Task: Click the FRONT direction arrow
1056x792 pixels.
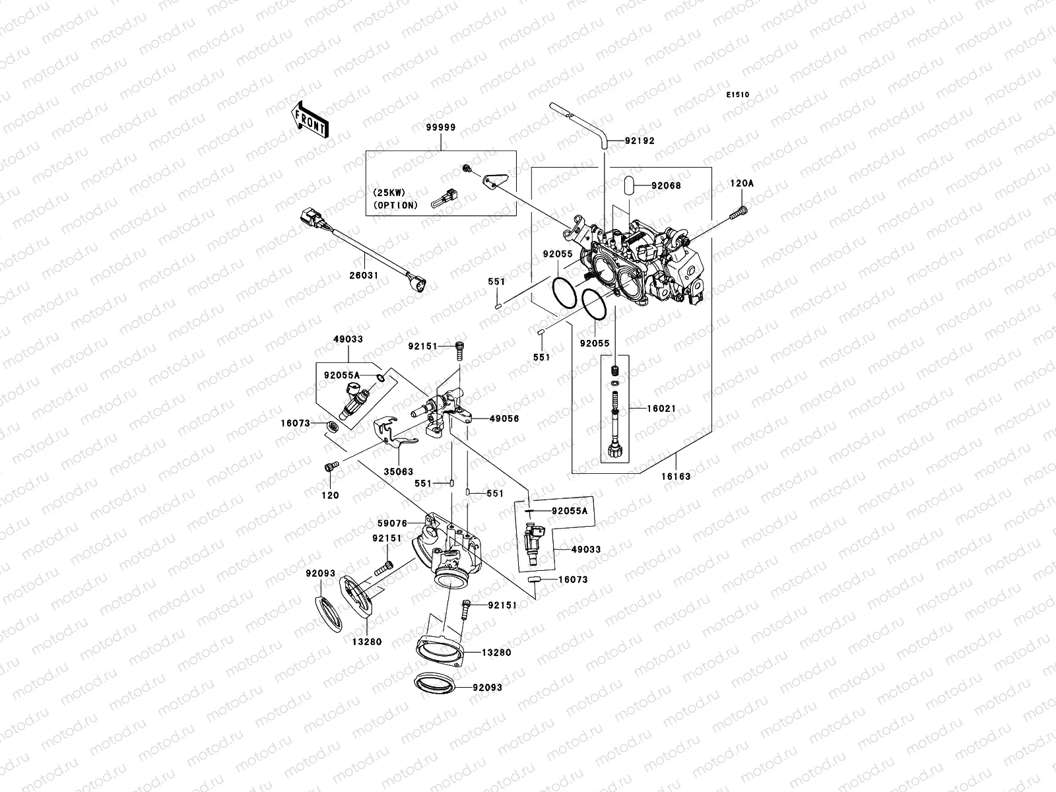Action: pos(310,119)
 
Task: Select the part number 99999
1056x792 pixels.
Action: pos(441,127)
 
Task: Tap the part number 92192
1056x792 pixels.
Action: pos(640,141)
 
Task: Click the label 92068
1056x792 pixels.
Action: pos(667,185)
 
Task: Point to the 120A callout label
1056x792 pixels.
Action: pos(742,183)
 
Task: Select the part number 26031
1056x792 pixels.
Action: pos(364,275)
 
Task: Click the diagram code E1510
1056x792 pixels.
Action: pos(738,95)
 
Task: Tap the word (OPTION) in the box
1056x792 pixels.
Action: pos(395,205)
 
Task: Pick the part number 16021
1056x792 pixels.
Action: pos(661,409)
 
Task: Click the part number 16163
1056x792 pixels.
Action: pos(676,477)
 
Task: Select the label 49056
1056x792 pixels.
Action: pos(505,419)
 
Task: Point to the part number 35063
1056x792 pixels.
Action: pos(399,472)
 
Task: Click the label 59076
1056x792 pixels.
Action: pos(393,523)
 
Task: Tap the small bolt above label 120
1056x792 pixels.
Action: pos(332,467)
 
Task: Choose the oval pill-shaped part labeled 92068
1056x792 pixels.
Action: pos(629,185)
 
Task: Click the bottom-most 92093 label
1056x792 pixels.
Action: pos(487,688)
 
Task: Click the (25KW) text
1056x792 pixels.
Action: pos(389,193)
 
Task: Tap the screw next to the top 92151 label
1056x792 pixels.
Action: pos(460,350)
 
